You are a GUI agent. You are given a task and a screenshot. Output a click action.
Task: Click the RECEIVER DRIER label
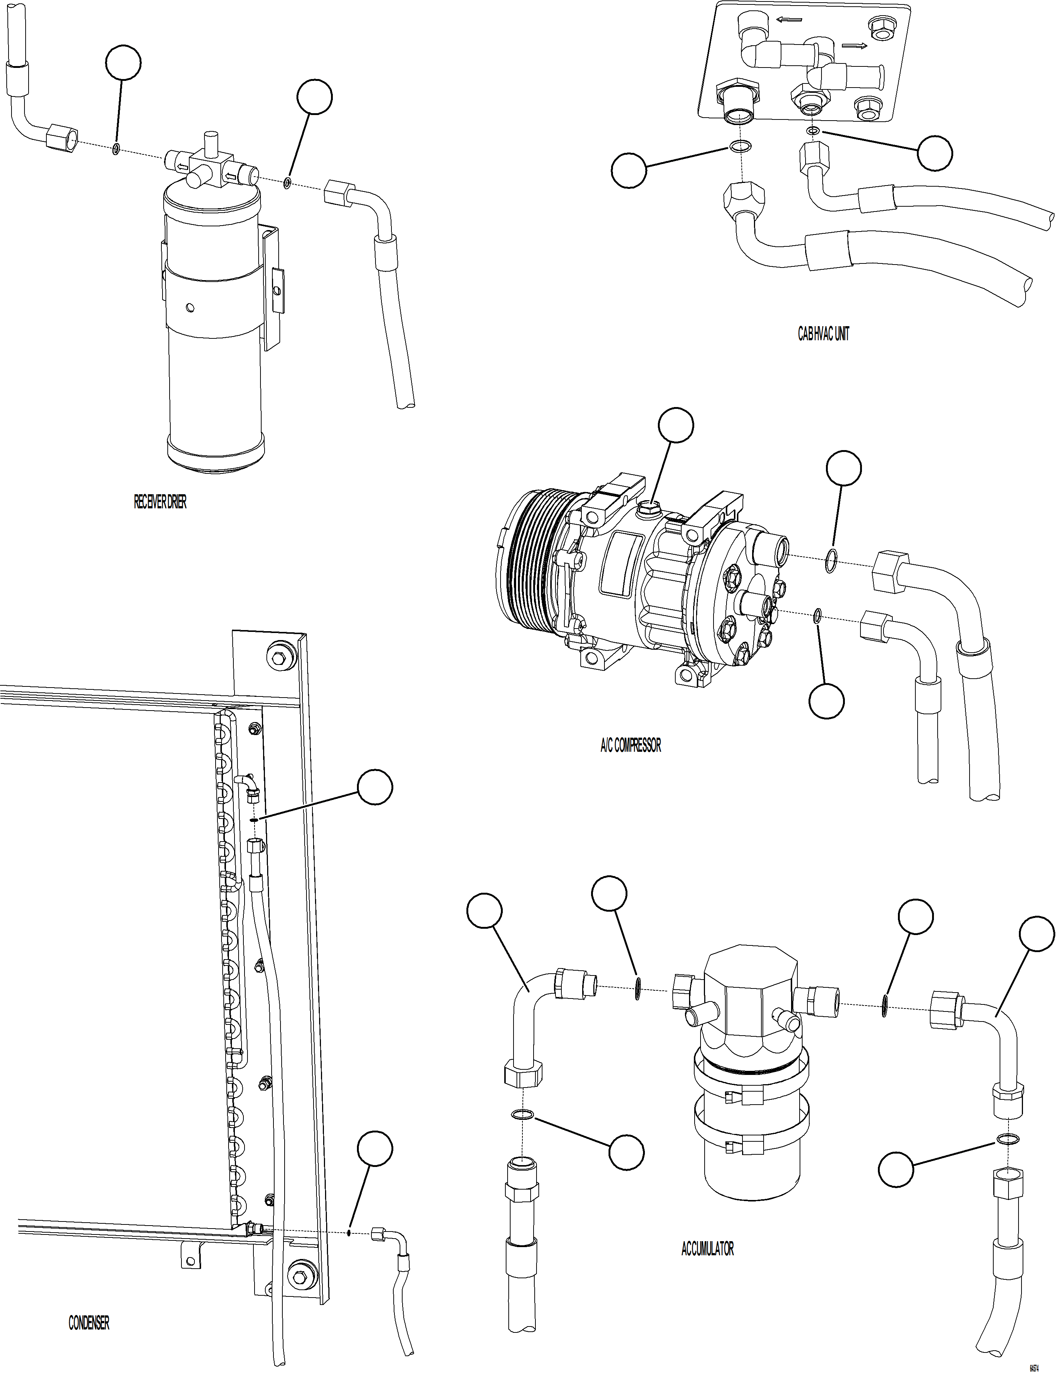pos(160,502)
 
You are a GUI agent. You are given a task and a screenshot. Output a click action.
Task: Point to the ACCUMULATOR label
pos(707,1248)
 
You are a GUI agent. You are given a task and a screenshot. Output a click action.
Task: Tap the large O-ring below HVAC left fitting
pos(741,147)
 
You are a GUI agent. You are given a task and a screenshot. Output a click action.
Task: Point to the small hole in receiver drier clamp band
pos(190,307)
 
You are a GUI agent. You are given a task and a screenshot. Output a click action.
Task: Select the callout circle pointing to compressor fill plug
pos(676,426)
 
